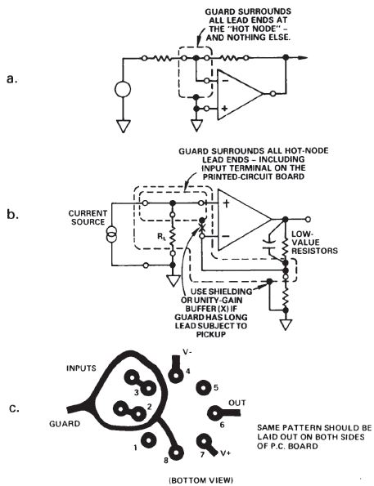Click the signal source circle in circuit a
[x=123, y=89]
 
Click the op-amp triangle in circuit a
[x=239, y=94]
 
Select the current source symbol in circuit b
[x=111, y=234]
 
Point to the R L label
[x=161, y=238]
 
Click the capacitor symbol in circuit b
[x=269, y=244]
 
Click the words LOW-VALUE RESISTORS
[x=314, y=242]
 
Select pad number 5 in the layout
[x=204, y=388]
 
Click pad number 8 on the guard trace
[x=176, y=453]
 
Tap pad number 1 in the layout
[x=148, y=440]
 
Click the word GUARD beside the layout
[x=65, y=423]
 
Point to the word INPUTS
[x=81, y=368]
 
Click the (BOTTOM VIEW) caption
[x=201, y=480]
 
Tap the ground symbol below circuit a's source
[x=123, y=126]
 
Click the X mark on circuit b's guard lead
[x=201, y=229]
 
